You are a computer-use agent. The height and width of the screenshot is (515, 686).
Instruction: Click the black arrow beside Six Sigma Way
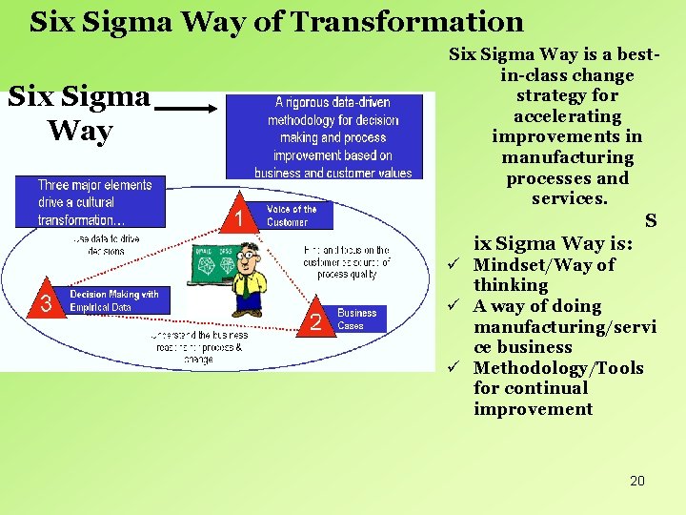pyautogui.click(x=187, y=110)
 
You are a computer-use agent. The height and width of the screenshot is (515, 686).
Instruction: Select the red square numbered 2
pyautogui.click(x=315, y=322)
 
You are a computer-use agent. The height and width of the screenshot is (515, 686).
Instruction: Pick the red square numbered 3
pyautogui.click(x=44, y=304)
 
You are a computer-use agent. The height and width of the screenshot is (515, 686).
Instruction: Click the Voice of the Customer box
pyautogui.click(x=298, y=216)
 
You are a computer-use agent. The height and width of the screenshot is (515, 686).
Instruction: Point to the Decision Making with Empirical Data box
pyautogui.click(x=118, y=301)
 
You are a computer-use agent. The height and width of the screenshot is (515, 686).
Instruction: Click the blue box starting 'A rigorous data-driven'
pyautogui.click(x=333, y=136)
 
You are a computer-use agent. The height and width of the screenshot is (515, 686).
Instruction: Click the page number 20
pyautogui.click(x=637, y=481)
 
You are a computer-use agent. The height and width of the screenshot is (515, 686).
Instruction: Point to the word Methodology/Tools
pyautogui.click(x=558, y=368)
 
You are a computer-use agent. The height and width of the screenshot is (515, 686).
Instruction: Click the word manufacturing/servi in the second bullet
pyautogui.click(x=565, y=327)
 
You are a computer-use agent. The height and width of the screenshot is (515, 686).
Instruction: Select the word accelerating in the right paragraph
pyautogui.click(x=567, y=116)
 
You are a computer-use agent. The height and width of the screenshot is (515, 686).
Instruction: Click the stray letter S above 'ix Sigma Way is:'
pyautogui.click(x=651, y=221)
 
